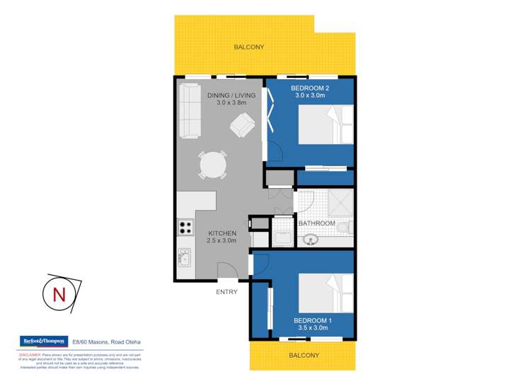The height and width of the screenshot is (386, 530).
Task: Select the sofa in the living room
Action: click(x=190, y=111)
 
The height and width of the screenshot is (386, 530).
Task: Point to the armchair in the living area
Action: click(x=243, y=127)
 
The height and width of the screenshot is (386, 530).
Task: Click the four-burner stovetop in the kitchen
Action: click(x=185, y=228)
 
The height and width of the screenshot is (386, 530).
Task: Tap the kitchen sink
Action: click(x=184, y=258)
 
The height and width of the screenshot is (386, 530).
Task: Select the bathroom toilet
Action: click(x=345, y=226)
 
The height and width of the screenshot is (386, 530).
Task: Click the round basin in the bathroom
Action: click(x=310, y=239)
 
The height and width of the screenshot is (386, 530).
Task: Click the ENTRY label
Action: click(x=226, y=291)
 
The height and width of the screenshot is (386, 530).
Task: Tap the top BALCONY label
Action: click(x=248, y=47)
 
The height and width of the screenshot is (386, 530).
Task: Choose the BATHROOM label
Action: click(x=316, y=223)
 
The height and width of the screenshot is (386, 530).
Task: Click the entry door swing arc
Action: click(x=227, y=269)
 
